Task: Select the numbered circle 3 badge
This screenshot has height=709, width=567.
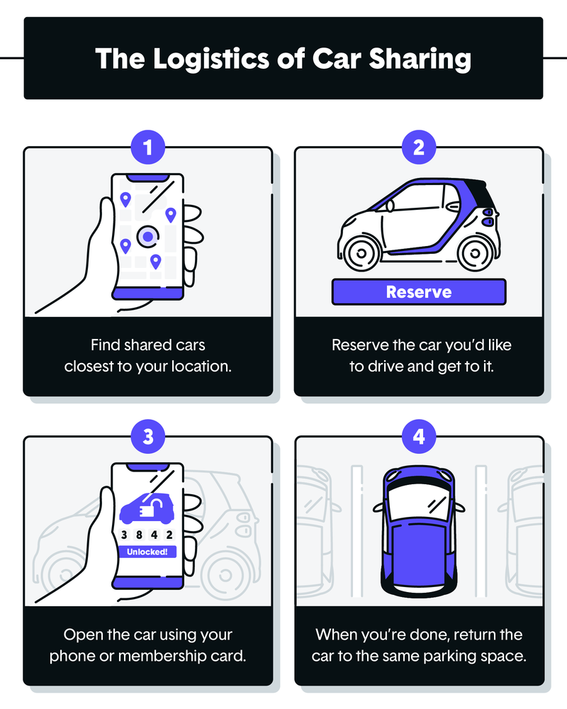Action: pos(147,437)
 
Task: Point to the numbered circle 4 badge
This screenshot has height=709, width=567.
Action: pos(418,437)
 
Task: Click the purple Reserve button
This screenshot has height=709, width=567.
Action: pos(418,291)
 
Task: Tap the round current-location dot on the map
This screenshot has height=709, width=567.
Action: pos(147,236)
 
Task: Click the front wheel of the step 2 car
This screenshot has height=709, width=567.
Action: pos(361,252)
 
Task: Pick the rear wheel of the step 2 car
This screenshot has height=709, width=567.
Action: pos(473,252)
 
